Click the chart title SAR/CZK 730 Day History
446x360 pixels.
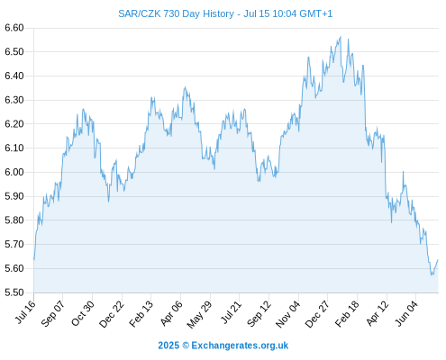pyautogui.click(x=176, y=13)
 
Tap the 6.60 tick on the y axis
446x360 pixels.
pyautogui.click(x=14, y=28)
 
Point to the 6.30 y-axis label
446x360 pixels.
pyautogui.click(x=14, y=100)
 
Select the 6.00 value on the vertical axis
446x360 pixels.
pyautogui.click(x=14, y=172)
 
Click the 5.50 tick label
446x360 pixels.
pyautogui.click(x=14, y=292)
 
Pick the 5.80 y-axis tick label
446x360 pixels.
pyautogui.click(x=14, y=220)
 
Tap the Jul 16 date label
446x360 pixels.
pyautogui.click(x=25, y=312)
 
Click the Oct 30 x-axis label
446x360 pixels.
pyautogui.click(x=83, y=313)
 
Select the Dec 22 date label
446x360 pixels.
pyautogui.click(x=112, y=314)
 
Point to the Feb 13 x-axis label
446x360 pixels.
pyautogui.click(x=141, y=313)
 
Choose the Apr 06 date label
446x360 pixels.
pyautogui.click(x=171, y=313)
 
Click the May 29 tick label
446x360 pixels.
pyautogui.click(x=199, y=314)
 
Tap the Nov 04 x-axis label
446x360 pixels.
pyautogui.click(x=287, y=314)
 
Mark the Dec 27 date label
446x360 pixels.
pyautogui.click(x=317, y=314)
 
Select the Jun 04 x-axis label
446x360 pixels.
pyautogui.click(x=406, y=313)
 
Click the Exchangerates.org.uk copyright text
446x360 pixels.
pyautogui.click(x=240, y=346)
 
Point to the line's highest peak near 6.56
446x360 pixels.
pyautogui.click(x=341, y=37)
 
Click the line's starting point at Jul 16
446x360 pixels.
pyautogui.click(x=34, y=259)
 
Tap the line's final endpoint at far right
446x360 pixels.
pyautogui.click(x=438, y=260)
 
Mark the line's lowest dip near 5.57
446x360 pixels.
pyautogui.click(x=432, y=274)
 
